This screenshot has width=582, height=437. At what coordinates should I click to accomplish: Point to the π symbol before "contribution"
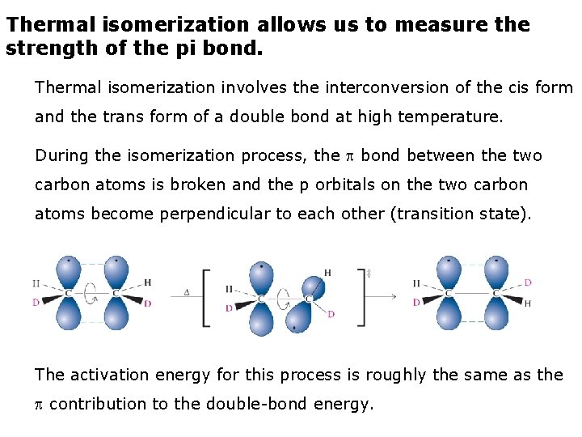(40, 404)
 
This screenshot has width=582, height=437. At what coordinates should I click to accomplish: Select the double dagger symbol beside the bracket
(369, 274)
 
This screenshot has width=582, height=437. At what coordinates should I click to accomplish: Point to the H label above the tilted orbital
(327, 273)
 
